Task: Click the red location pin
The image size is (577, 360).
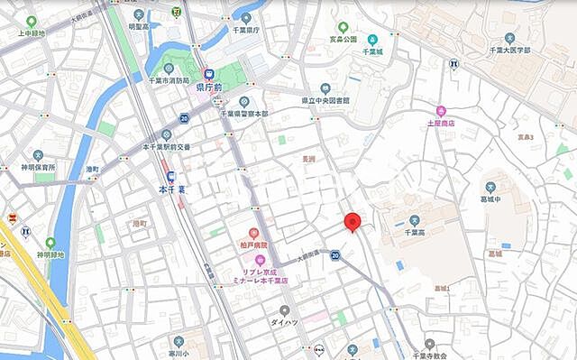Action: (x=353, y=222)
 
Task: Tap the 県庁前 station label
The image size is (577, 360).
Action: (x=211, y=88)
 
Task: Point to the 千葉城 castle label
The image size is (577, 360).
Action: (x=371, y=52)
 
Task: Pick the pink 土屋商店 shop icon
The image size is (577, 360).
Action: (x=441, y=110)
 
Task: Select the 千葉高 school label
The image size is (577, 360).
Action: (x=415, y=232)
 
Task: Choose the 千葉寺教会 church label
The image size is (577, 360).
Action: (x=429, y=355)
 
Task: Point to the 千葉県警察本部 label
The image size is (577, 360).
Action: (x=244, y=114)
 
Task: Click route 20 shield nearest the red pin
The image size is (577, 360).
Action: (x=335, y=255)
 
